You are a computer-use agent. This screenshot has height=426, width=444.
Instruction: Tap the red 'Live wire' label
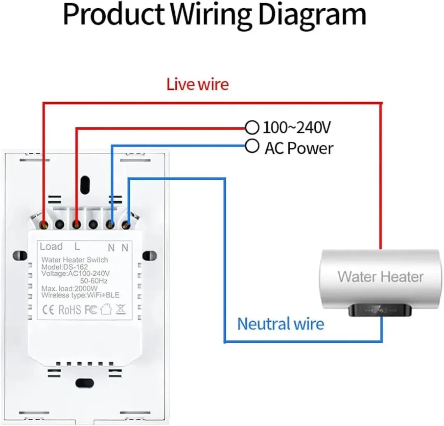point(197,84)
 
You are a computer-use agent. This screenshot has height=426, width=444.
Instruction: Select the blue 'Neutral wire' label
point(281,324)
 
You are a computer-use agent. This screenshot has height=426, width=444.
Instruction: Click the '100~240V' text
point(296,128)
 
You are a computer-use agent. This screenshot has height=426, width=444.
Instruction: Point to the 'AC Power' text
point(299,148)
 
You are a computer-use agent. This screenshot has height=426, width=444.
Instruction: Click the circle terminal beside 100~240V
point(252,128)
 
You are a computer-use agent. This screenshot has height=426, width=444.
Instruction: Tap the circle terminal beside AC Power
point(252,146)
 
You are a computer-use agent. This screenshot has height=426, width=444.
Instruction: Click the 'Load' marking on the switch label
point(51,247)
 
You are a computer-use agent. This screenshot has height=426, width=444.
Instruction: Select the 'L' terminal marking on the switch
point(77,247)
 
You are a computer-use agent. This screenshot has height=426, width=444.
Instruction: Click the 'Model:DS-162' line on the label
point(65,267)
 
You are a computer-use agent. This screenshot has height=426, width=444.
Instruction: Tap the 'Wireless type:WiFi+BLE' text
point(81,295)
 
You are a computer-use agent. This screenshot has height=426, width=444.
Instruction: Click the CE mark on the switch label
point(48,310)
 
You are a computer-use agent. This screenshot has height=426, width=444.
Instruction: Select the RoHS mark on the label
point(69,310)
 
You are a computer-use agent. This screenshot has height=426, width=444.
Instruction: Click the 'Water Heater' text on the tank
point(380,276)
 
